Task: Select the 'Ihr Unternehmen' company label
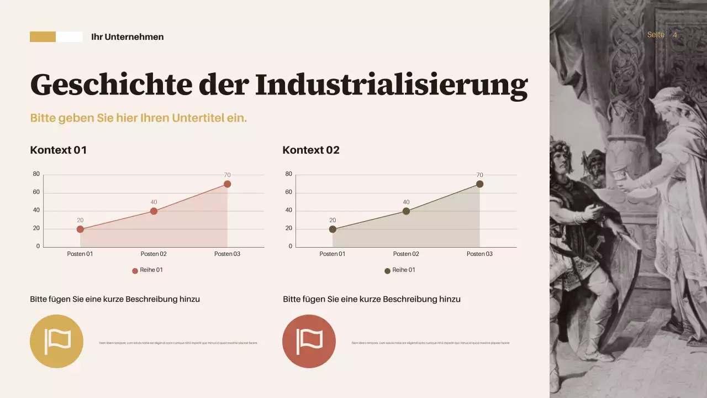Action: coord(127,37)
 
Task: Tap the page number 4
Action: coord(674,35)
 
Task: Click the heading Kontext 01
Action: coord(58,150)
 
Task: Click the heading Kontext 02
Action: coord(311,150)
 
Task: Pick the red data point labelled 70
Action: coord(227,184)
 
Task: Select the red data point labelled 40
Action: coord(154,211)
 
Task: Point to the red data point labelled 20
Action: coord(80,229)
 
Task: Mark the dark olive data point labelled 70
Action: coord(479,184)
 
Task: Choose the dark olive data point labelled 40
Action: coord(406,211)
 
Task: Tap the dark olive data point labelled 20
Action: coord(333,229)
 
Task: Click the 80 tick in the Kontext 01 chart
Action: coord(36,174)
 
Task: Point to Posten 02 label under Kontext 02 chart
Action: coord(406,254)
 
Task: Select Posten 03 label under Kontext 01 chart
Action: coord(227,254)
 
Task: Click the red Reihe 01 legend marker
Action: coord(135,271)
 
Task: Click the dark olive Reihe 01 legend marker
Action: coord(387,271)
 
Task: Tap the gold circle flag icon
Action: coord(56,341)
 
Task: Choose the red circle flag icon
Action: coord(309,341)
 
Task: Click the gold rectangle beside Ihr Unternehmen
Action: coord(43,37)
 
